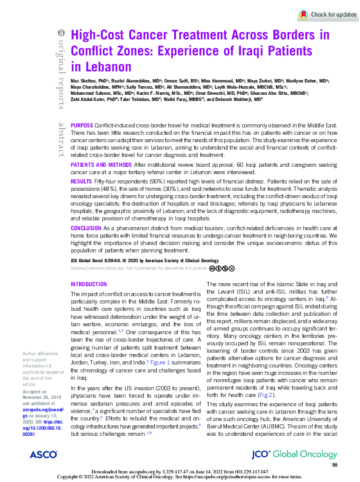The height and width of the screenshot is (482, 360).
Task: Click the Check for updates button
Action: [x=327, y=14]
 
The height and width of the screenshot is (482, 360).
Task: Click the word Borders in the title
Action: [x=278, y=35]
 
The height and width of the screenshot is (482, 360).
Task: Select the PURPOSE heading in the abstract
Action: [x=84, y=125]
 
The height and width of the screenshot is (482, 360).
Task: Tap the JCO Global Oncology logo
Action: [x=302, y=455]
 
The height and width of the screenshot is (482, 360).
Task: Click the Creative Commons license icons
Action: [x=222, y=268]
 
